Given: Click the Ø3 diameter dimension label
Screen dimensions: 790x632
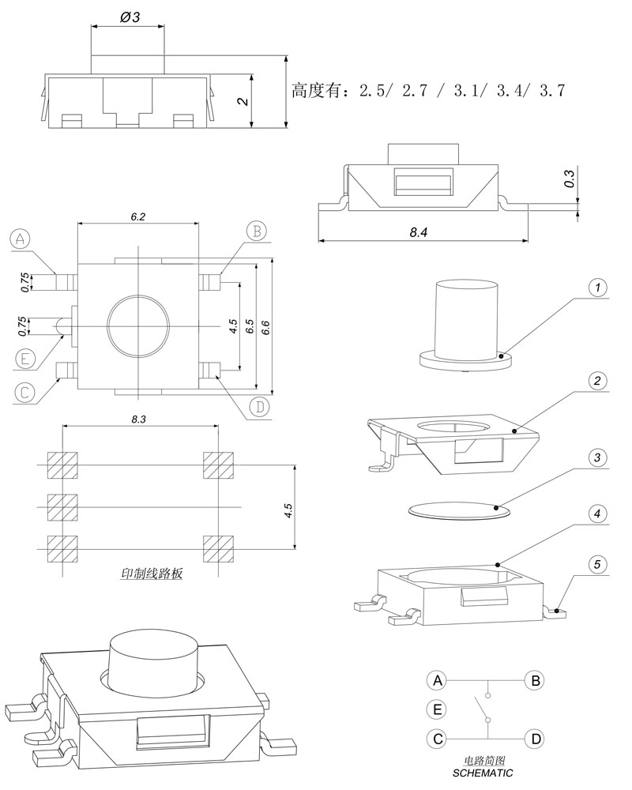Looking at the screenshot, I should (130, 17).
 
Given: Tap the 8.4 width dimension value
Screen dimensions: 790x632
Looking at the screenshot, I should (420, 233).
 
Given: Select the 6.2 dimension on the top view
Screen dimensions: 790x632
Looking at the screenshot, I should (137, 216).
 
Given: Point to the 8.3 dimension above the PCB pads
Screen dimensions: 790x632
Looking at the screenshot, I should (138, 419).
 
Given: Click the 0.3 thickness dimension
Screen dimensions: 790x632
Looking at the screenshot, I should (570, 181).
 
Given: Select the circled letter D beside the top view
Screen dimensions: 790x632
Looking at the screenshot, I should (258, 408).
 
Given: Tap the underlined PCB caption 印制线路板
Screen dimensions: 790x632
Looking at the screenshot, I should (151, 574).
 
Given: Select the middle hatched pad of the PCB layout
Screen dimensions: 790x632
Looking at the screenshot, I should (62, 506).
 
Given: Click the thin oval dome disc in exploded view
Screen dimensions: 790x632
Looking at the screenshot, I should (459, 510).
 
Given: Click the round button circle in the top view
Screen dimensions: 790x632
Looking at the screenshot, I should (138, 325).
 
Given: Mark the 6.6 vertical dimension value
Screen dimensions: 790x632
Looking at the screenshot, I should (266, 326).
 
